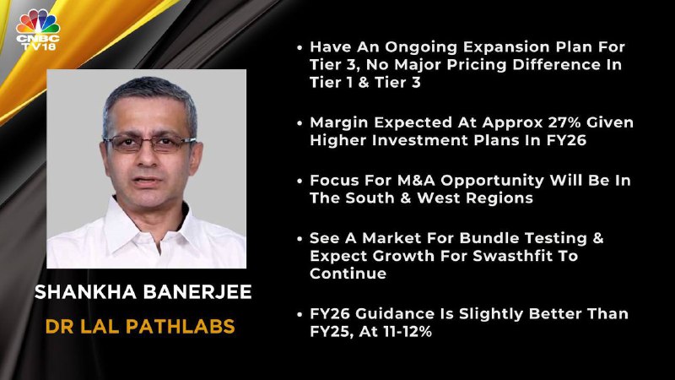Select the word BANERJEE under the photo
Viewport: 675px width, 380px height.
click(x=197, y=292)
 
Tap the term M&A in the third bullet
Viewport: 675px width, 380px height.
click(x=416, y=180)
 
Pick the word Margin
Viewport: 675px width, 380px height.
click(x=338, y=123)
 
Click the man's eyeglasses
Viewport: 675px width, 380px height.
click(x=149, y=143)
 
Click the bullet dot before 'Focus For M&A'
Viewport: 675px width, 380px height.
click(x=300, y=181)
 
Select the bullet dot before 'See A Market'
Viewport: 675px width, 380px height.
click(x=300, y=239)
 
